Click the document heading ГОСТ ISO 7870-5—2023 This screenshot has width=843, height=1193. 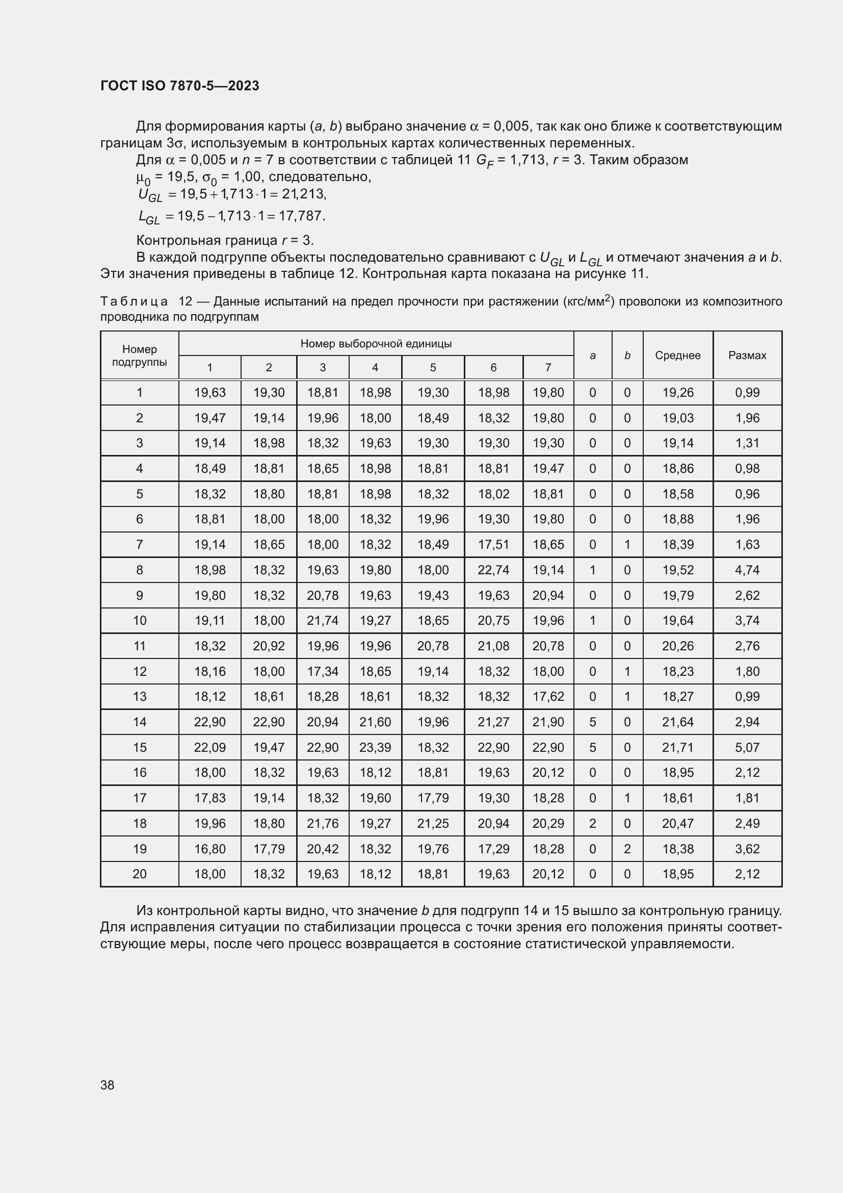pyautogui.click(x=179, y=86)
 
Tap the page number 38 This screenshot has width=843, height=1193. pyautogui.click(x=108, y=1085)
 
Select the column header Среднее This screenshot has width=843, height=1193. pyautogui.click(x=677, y=356)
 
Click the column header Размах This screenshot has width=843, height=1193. pyautogui.click(x=747, y=356)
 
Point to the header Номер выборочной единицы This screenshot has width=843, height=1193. pyautogui.click(x=376, y=343)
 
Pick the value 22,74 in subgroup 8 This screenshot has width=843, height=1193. pyautogui.click(x=493, y=570)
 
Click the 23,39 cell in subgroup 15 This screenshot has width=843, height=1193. pyautogui.click(x=375, y=747)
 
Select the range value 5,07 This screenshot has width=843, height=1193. pyautogui.click(x=747, y=747)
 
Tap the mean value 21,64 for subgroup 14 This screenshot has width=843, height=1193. pyautogui.click(x=677, y=722)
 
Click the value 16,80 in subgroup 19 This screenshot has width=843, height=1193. pyautogui.click(x=209, y=849)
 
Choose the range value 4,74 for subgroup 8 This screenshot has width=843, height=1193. pyautogui.click(x=747, y=570)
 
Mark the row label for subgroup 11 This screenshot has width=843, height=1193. pyautogui.click(x=140, y=646)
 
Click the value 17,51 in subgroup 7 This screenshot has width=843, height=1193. pyautogui.click(x=493, y=545)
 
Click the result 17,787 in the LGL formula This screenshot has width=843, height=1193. pyautogui.click(x=302, y=216)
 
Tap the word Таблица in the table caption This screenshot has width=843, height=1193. pyautogui.click(x=134, y=301)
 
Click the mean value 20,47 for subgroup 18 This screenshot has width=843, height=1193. pyautogui.click(x=677, y=823)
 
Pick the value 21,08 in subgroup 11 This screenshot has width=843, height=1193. pyautogui.click(x=493, y=646)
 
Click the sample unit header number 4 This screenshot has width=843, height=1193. pyautogui.click(x=375, y=368)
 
